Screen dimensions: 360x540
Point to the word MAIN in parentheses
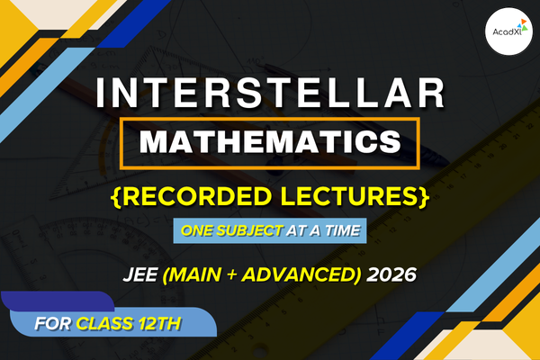(x=213, y=272)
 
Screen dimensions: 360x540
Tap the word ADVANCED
(x=301, y=272)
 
